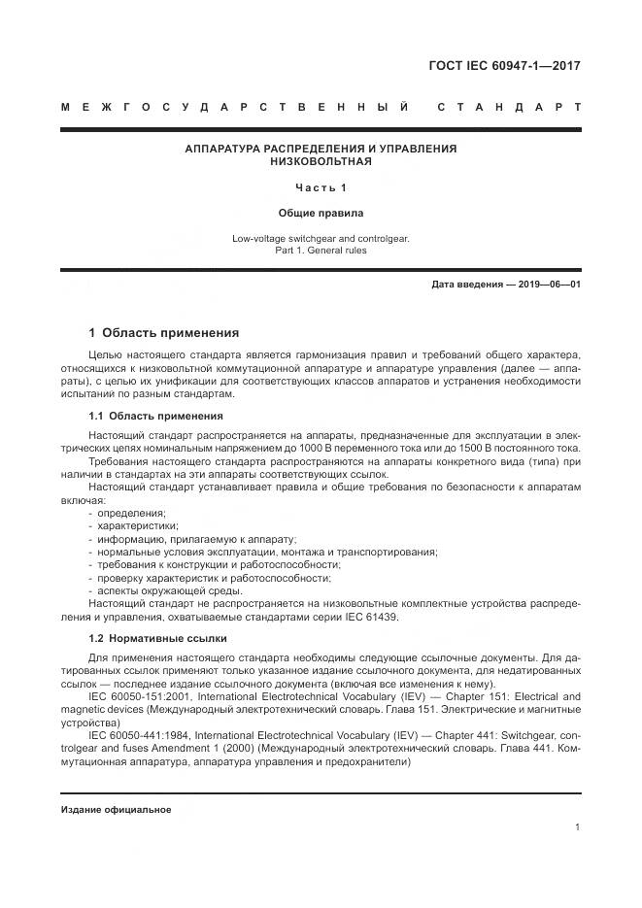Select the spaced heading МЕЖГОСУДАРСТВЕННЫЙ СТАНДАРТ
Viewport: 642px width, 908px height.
click(321, 107)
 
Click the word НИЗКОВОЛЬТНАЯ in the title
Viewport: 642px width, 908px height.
click(321, 161)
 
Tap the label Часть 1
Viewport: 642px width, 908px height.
click(321, 186)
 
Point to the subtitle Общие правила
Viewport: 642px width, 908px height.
click(321, 212)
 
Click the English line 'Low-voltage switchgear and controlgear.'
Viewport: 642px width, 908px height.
click(321, 238)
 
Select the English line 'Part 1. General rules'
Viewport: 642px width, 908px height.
click(321, 250)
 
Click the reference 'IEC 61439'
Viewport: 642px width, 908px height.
click(367, 618)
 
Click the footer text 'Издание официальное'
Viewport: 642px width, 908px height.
click(116, 810)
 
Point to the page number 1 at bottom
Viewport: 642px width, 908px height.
click(577, 827)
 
